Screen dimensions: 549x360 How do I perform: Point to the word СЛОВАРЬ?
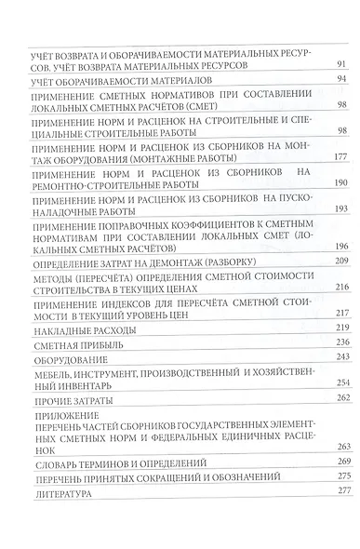pyautogui.click(x=53, y=462)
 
